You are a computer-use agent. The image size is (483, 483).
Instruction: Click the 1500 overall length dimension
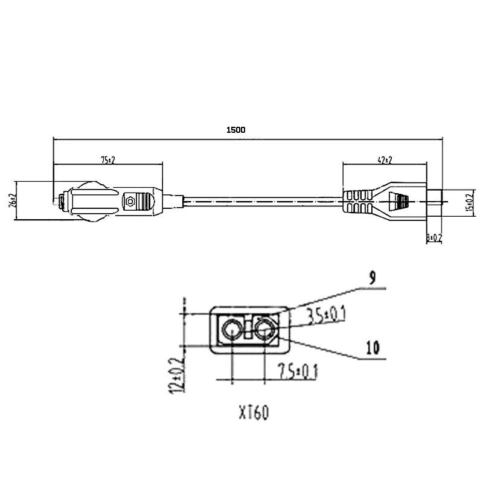point(235,130)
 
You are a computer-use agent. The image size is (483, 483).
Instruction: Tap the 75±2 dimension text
point(107,160)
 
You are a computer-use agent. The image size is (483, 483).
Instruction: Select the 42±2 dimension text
point(383,160)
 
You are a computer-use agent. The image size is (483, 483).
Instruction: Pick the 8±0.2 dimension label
point(434,238)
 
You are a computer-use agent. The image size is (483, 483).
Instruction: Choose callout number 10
point(373,347)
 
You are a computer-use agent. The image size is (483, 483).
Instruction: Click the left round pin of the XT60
point(231,330)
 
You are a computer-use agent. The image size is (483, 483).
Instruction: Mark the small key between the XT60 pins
point(248,330)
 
